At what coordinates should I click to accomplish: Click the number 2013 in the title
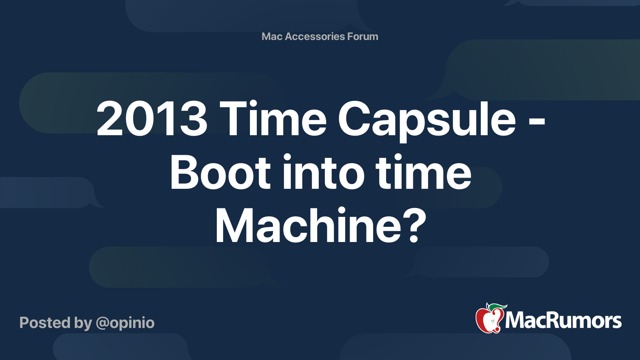(x=152, y=119)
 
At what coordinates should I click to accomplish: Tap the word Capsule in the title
(x=427, y=120)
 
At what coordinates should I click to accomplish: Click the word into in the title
(x=323, y=173)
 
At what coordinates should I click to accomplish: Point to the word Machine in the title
(x=308, y=226)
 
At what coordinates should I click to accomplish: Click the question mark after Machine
(x=412, y=226)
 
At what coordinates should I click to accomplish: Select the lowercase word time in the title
(x=424, y=173)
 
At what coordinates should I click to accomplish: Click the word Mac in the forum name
(x=272, y=36)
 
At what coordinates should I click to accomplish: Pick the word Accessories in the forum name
(x=315, y=36)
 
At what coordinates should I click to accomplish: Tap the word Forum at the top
(x=362, y=36)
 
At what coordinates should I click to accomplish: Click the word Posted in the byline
(x=45, y=323)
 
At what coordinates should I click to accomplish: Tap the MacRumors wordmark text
(x=563, y=321)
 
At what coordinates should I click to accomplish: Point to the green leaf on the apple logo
(x=498, y=307)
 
